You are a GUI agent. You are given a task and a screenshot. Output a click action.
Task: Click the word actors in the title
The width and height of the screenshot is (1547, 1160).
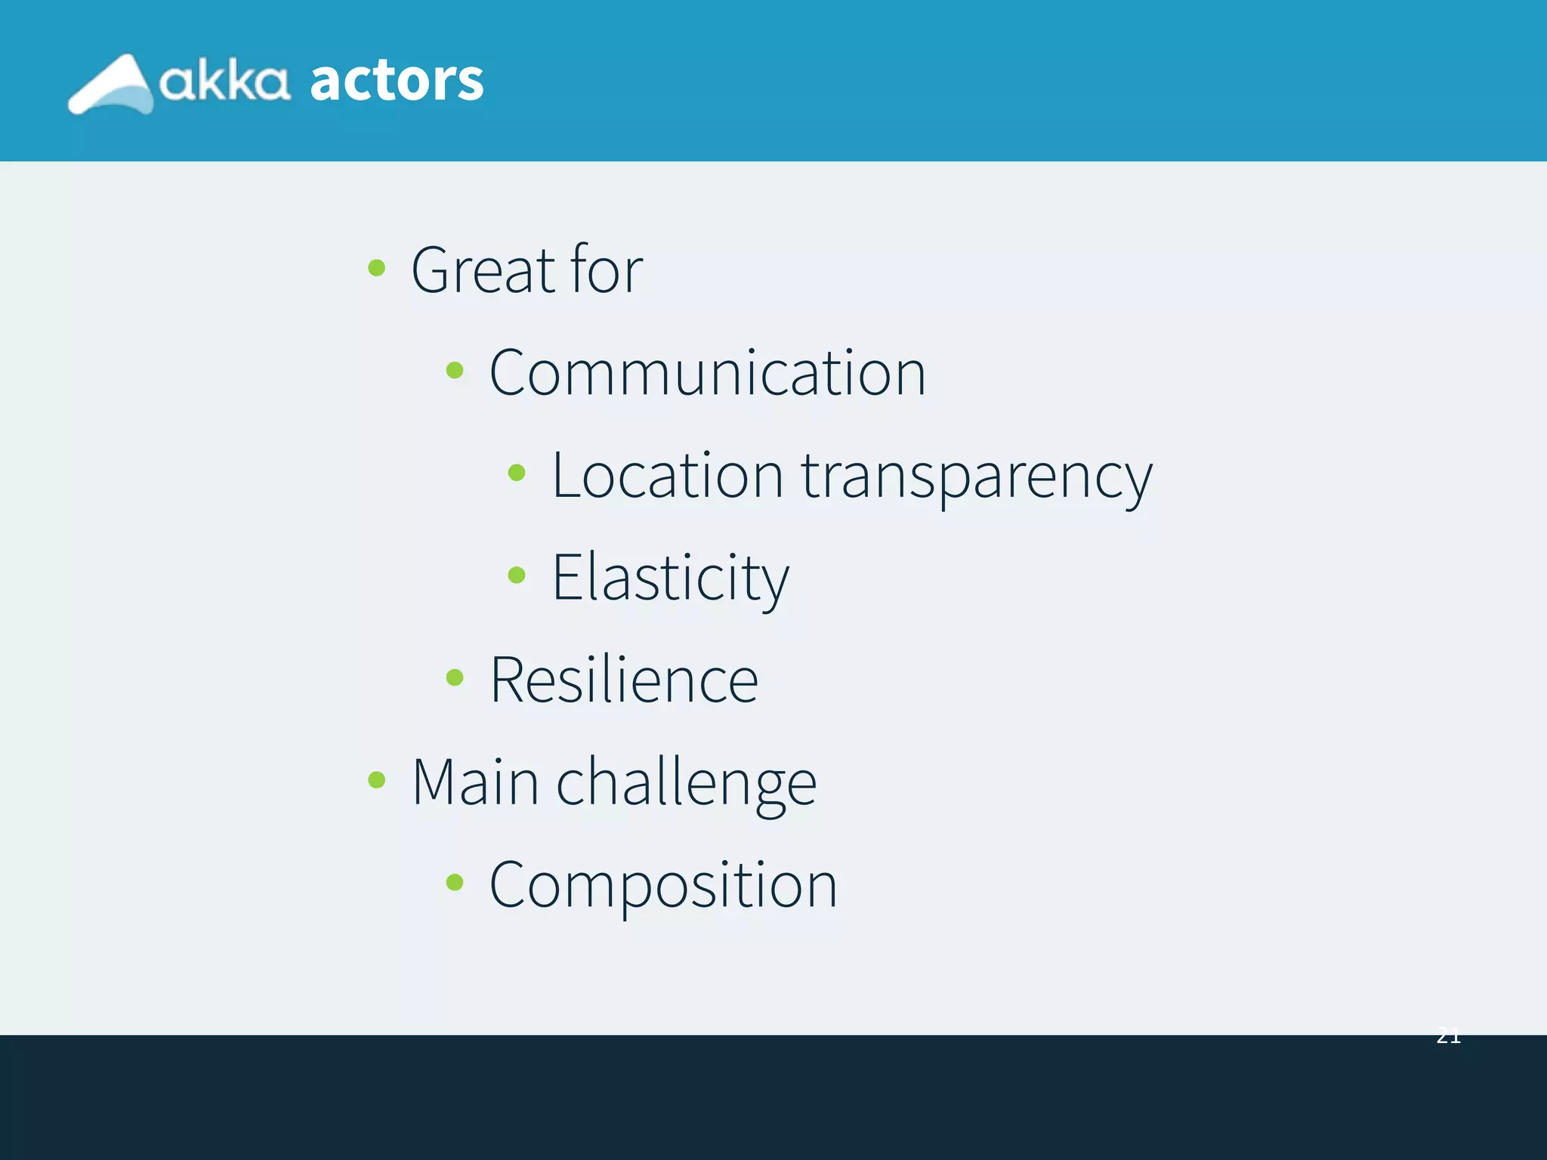(x=397, y=80)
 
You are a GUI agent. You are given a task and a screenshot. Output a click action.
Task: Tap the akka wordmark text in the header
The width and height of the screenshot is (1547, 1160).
(x=224, y=81)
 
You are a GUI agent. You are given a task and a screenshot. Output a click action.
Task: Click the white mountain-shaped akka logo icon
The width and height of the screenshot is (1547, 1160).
(x=111, y=85)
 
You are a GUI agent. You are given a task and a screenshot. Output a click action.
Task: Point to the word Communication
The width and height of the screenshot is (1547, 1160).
(x=707, y=372)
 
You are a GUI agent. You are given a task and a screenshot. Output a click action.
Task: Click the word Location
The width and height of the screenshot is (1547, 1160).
(x=668, y=475)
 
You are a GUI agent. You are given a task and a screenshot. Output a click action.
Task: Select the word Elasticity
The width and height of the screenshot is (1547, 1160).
(x=671, y=578)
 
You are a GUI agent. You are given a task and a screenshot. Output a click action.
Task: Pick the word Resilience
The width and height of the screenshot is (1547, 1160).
(x=624, y=680)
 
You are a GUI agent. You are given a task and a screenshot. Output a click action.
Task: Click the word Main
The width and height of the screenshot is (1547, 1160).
(x=475, y=782)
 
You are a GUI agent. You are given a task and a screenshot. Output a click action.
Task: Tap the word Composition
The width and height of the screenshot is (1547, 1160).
(x=663, y=886)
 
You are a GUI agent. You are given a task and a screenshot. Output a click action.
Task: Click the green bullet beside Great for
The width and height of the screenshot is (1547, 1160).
(x=376, y=267)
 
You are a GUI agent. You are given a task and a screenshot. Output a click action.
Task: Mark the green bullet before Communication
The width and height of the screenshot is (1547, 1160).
(x=455, y=370)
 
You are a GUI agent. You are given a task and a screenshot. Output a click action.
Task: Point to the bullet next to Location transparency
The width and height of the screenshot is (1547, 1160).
(x=517, y=473)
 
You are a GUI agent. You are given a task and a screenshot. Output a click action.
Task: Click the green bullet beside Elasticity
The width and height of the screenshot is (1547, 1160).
(x=517, y=575)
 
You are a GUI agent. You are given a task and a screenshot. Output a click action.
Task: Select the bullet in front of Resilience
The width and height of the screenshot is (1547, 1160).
(x=455, y=677)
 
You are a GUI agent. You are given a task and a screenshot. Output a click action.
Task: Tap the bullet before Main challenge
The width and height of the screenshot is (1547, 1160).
(x=376, y=779)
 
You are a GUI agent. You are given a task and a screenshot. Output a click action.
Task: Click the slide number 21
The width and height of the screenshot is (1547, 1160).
(x=1448, y=1036)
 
